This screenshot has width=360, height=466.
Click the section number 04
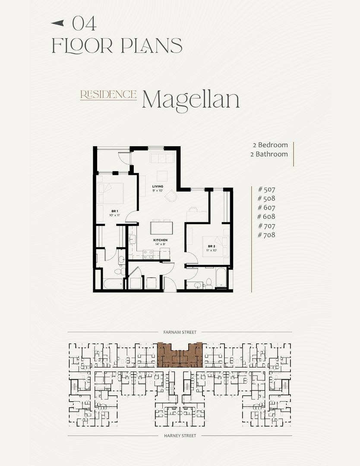[x=85, y=23]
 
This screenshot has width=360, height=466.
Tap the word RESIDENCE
[x=108, y=94]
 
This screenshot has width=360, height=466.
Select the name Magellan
[x=190, y=100]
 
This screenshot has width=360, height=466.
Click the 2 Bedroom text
[x=270, y=145]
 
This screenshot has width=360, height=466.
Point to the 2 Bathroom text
[x=269, y=154]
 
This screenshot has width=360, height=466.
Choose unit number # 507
[x=267, y=189]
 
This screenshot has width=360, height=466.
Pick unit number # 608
[x=266, y=217]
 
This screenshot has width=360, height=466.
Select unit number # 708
[x=267, y=235]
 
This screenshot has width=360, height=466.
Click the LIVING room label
[x=158, y=186]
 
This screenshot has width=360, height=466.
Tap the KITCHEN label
[x=160, y=240]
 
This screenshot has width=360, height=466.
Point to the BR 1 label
[x=115, y=211]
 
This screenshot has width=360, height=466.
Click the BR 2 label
[x=212, y=246]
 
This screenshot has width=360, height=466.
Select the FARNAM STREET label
[x=180, y=332]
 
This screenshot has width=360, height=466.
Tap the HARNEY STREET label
[x=180, y=436]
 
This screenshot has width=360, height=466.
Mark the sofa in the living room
[x=162, y=157]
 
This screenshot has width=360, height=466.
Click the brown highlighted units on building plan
[x=180, y=355]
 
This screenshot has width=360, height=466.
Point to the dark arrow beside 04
[x=58, y=23]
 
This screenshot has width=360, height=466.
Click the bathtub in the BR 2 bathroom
[x=221, y=278]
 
